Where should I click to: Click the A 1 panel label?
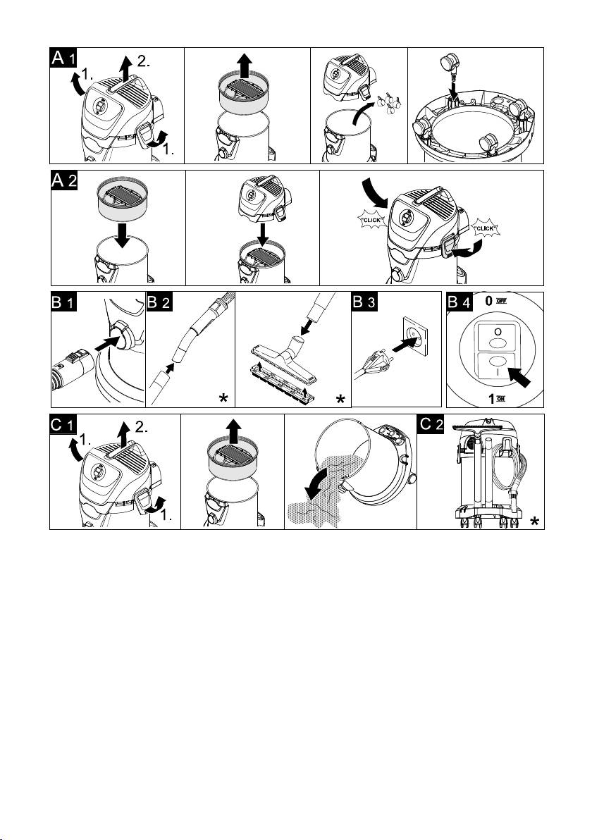63,58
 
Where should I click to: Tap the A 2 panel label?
64,180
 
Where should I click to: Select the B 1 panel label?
64,302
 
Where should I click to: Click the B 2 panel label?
159,302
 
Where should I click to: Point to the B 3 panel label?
364,302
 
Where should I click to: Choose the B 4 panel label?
460,302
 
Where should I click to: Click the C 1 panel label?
63,424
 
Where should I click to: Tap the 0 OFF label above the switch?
495,300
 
